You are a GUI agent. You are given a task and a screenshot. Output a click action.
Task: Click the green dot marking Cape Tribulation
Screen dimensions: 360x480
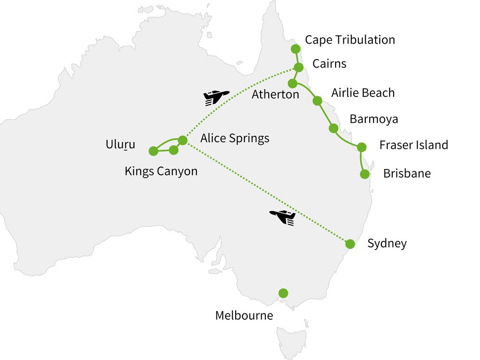click(296, 48)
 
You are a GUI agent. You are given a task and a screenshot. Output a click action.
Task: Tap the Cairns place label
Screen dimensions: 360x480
click(329, 64)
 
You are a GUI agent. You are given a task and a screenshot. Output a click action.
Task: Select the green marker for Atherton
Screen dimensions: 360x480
click(292, 84)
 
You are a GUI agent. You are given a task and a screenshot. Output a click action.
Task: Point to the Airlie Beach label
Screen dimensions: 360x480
click(363, 93)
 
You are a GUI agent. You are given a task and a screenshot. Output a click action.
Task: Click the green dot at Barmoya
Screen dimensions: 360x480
click(333, 128)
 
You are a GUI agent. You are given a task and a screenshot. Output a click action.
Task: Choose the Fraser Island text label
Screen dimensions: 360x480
click(413, 145)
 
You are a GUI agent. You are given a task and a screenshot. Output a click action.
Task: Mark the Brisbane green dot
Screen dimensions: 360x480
click(365, 174)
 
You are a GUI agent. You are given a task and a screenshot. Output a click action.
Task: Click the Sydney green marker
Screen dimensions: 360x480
click(350, 244)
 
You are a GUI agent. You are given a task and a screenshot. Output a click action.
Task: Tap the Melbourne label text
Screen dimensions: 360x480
click(244, 316)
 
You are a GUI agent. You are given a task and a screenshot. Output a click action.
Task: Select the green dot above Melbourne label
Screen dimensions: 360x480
click(283, 293)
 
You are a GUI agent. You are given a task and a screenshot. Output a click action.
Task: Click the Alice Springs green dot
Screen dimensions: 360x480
click(182, 140)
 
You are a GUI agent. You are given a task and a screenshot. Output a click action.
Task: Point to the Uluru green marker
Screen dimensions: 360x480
click(153, 151)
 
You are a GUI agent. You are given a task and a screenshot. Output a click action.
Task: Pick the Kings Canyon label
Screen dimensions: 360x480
click(161, 171)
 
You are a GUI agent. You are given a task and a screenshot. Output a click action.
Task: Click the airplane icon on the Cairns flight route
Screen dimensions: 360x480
click(216, 97)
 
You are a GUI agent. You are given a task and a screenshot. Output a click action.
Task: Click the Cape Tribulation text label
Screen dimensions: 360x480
click(350, 40)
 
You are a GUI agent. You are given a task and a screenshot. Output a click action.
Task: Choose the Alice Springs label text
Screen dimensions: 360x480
click(235, 139)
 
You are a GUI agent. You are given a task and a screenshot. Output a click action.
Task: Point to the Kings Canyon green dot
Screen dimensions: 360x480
click(174, 150)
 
